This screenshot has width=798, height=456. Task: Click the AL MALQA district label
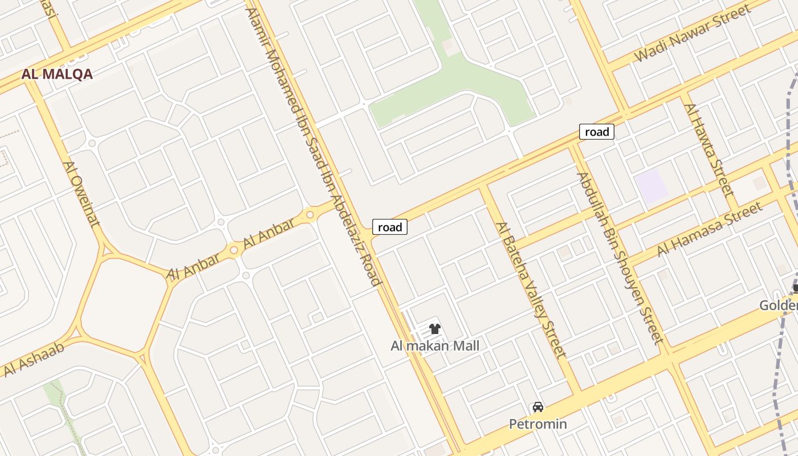pyautogui.click(x=57, y=74)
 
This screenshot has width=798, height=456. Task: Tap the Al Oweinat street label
pyautogui.click(x=81, y=194)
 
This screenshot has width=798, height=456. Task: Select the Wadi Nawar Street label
pyautogui.click(x=693, y=33)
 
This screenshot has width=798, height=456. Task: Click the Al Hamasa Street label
pyautogui.click(x=710, y=229)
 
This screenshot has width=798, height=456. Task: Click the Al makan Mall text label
pyautogui.click(x=435, y=345)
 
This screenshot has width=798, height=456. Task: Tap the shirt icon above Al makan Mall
pyautogui.click(x=435, y=329)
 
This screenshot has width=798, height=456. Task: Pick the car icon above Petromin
pyautogui.click(x=538, y=407)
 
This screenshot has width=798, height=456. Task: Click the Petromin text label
pyautogui.click(x=538, y=424)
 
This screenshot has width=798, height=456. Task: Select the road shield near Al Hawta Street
pyautogui.click(x=597, y=132)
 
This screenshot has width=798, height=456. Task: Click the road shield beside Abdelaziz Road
pyautogui.click(x=390, y=227)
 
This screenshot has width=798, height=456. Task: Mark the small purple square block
pyautogui.click(x=651, y=186)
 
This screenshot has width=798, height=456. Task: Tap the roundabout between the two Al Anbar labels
pyautogui.click(x=234, y=250)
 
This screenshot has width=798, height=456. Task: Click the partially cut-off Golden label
pyautogui.click(x=779, y=306)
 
